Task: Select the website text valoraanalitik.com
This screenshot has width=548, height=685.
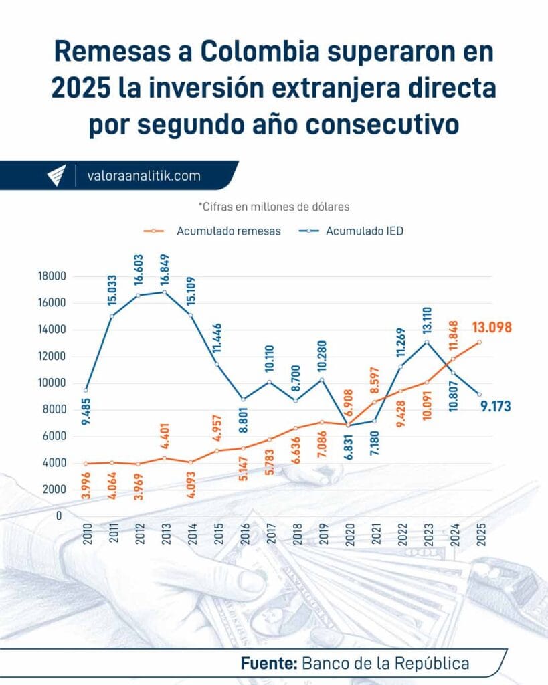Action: coord(144,176)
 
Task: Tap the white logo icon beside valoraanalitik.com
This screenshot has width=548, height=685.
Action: coord(56,176)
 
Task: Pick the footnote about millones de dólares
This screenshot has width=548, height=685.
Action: coord(274,207)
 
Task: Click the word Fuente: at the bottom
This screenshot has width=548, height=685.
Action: coord(269,664)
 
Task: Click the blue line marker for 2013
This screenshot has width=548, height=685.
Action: coord(165,292)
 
